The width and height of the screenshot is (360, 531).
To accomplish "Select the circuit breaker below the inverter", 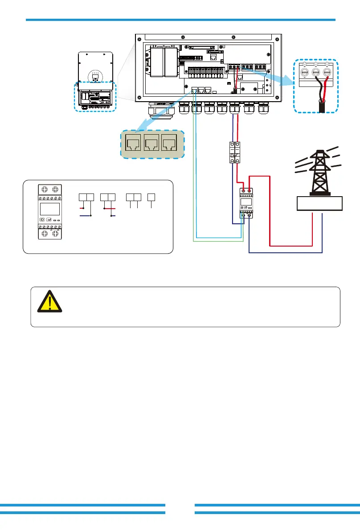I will click(235, 153).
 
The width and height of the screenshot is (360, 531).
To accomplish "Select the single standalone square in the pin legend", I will click(151, 197).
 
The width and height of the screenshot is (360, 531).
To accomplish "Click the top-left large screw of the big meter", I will click(44, 189).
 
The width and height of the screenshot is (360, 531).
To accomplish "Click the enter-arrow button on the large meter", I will click(49, 220).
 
